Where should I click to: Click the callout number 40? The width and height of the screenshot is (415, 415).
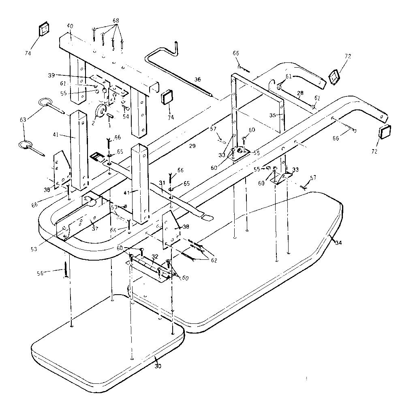tap(70, 26)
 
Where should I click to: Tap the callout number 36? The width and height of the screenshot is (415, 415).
tap(197, 79)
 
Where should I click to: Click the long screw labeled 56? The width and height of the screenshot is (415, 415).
tap(64, 271)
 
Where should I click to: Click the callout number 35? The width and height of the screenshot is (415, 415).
tap(273, 115)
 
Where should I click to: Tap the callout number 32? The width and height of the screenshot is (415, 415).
tap(154, 256)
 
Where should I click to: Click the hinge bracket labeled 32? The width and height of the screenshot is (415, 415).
tap(148, 270)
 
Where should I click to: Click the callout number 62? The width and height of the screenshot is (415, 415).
tap(214, 261)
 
